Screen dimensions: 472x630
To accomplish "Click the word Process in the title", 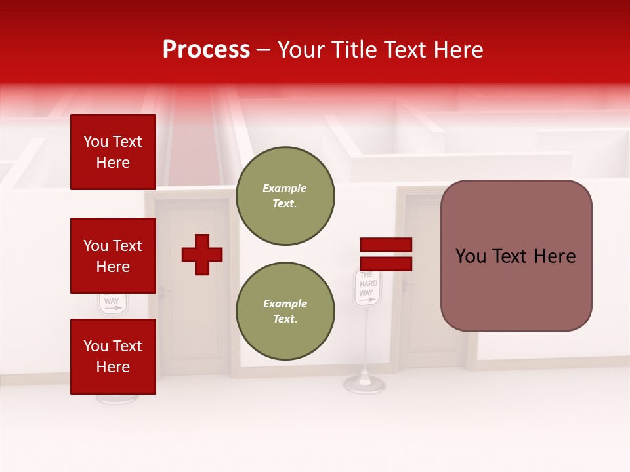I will (x=206, y=50).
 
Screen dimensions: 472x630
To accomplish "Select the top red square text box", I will (x=113, y=152).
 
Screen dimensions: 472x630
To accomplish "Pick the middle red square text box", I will (x=113, y=256).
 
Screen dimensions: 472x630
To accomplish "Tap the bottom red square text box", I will (x=113, y=357).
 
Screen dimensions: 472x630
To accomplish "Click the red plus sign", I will (x=202, y=254).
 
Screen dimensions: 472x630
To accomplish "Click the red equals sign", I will (x=386, y=254).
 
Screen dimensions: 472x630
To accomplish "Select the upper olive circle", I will (x=285, y=196).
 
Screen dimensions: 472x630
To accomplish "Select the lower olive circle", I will (x=285, y=311).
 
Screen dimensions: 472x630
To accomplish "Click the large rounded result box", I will (x=516, y=256).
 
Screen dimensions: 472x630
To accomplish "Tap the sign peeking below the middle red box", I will (x=113, y=303).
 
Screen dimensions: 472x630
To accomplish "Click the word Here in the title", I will (x=459, y=50).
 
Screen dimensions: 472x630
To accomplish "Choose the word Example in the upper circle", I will (x=285, y=188).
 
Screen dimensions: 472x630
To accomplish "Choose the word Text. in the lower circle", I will (x=285, y=319).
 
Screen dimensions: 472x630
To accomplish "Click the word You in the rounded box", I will (x=471, y=256).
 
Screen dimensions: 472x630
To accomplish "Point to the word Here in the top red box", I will (x=113, y=163).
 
